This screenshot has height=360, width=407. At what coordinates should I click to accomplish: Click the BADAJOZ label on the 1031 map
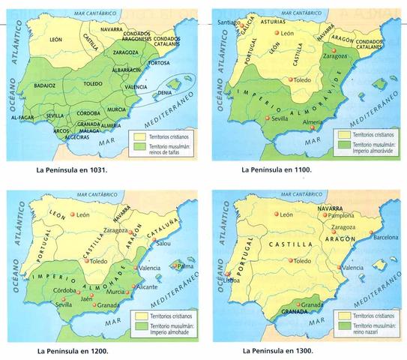45,86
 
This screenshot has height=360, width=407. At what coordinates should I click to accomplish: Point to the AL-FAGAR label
24,118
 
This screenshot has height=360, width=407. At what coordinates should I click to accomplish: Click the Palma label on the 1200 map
186,266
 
